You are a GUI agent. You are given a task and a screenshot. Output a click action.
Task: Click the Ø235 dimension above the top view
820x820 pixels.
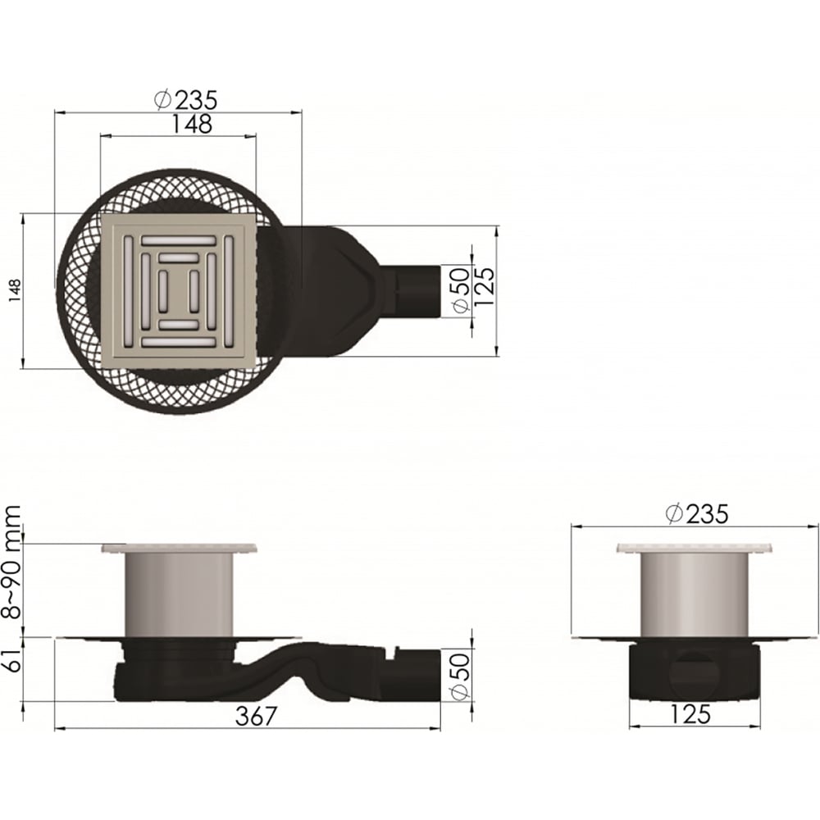click(186, 99)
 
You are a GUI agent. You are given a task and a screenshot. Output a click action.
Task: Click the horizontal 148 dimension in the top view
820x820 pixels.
click(192, 124)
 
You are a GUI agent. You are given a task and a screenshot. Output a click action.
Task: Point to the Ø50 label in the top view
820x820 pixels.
click(460, 290)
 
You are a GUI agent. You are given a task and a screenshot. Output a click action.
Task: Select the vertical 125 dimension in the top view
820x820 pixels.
click(484, 286)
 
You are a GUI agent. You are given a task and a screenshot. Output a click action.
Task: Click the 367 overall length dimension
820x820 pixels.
click(255, 716)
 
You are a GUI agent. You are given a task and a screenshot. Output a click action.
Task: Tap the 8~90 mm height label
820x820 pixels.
click(11, 563)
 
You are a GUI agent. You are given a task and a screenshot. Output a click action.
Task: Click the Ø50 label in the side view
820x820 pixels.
click(460, 677)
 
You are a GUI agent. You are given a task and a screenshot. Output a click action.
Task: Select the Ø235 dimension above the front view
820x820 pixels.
click(696, 514)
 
